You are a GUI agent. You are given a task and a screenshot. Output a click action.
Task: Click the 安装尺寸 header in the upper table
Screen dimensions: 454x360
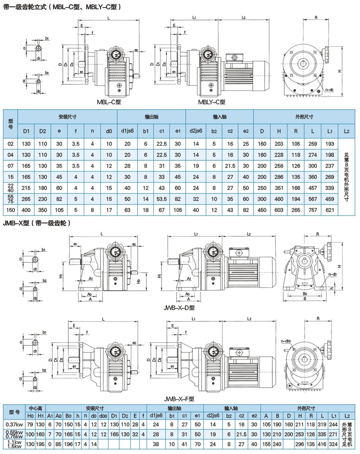point(67,116)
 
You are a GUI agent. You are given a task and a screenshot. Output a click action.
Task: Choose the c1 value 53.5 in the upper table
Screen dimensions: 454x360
point(162,198)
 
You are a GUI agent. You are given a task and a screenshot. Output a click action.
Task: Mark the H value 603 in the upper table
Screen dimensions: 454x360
point(280,209)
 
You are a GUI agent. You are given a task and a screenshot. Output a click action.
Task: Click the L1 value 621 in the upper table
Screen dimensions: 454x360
point(330,209)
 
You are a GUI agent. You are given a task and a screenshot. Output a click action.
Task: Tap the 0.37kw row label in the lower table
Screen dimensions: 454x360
point(14,424)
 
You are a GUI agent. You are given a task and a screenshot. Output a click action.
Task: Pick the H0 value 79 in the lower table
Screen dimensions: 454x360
point(30,424)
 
